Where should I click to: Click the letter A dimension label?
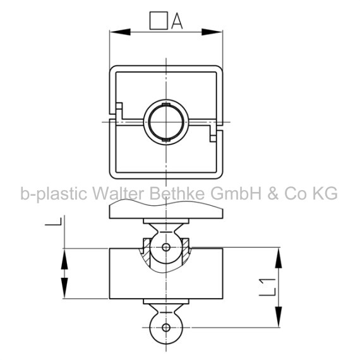[x=177, y=21]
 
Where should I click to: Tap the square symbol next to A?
[x=159, y=21]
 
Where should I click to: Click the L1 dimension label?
[x=267, y=287]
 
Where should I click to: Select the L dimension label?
[x=53, y=221]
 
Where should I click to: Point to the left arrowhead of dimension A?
[x=120, y=32]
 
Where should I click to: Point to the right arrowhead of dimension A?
[x=212, y=32]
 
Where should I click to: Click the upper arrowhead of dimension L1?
[x=279, y=258]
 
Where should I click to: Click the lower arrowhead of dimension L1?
[x=279, y=316]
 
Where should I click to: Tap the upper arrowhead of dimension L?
[x=64, y=259]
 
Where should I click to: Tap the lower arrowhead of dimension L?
[x=64, y=288]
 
